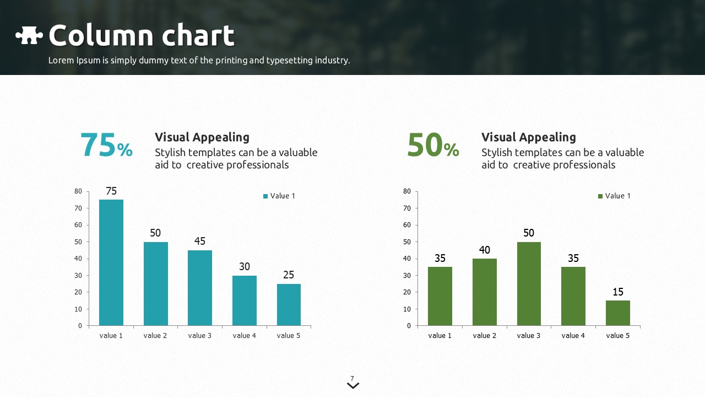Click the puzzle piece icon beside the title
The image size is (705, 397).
tap(29, 36)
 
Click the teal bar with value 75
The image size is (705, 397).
tap(111, 262)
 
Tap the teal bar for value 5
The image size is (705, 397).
tap(289, 304)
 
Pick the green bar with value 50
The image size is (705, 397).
tap(529, 283)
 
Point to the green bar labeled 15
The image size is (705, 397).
tap(618, 313)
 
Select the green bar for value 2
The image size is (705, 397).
tap(485, 292)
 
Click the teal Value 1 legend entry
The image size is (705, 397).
tap(279, 196)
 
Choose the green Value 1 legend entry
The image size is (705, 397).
tap(614, 196)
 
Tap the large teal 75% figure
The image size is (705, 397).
tap(106, 146)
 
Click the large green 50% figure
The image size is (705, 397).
tap(433, 146)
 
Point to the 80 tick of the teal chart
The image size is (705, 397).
tap(78, 191)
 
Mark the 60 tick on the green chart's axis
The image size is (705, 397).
tap(407, 225)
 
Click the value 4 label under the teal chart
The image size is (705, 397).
tap(244, 335)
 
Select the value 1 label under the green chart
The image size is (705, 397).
tap(440, 335)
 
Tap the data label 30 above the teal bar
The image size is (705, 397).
tap(245, 267)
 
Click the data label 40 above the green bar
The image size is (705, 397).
tap(485, 250)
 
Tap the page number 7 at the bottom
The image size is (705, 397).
tap(352, 378)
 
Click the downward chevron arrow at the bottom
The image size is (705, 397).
tap(353, 386)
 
